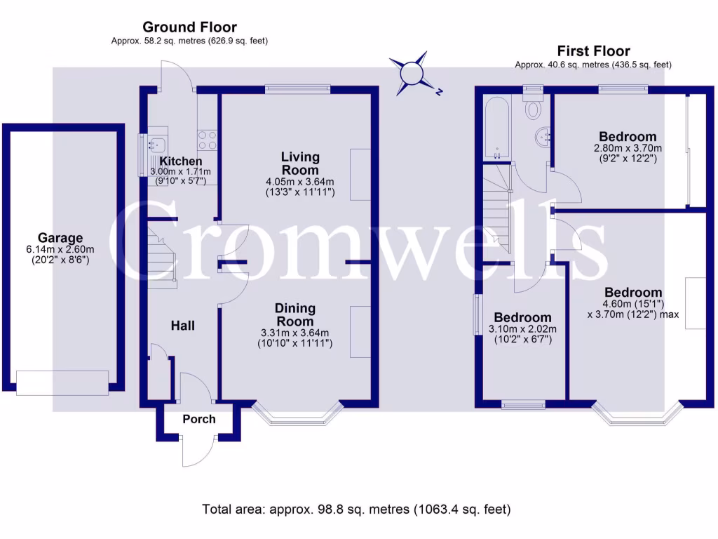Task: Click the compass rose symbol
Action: tap(412, 73)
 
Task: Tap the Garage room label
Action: tap(60, 238)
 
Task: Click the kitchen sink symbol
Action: tap(156, 145)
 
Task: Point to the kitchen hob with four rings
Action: tap(208, 139)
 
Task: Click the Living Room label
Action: tap(300, 163)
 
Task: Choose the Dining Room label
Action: tap(295, 314)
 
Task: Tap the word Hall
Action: tap(183, 326)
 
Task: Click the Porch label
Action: tap(199, 419)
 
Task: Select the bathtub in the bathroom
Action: tap(496, 126)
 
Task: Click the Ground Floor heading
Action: tap(189, 27)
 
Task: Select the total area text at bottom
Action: tap(356, 509)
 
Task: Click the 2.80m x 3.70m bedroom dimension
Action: tap(628, 148)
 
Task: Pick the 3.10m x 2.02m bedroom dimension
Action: tap(522, 329)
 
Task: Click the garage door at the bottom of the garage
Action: tap(62, 382)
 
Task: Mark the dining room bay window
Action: tap(297, 418)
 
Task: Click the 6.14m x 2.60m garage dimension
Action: tap(60, 250)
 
